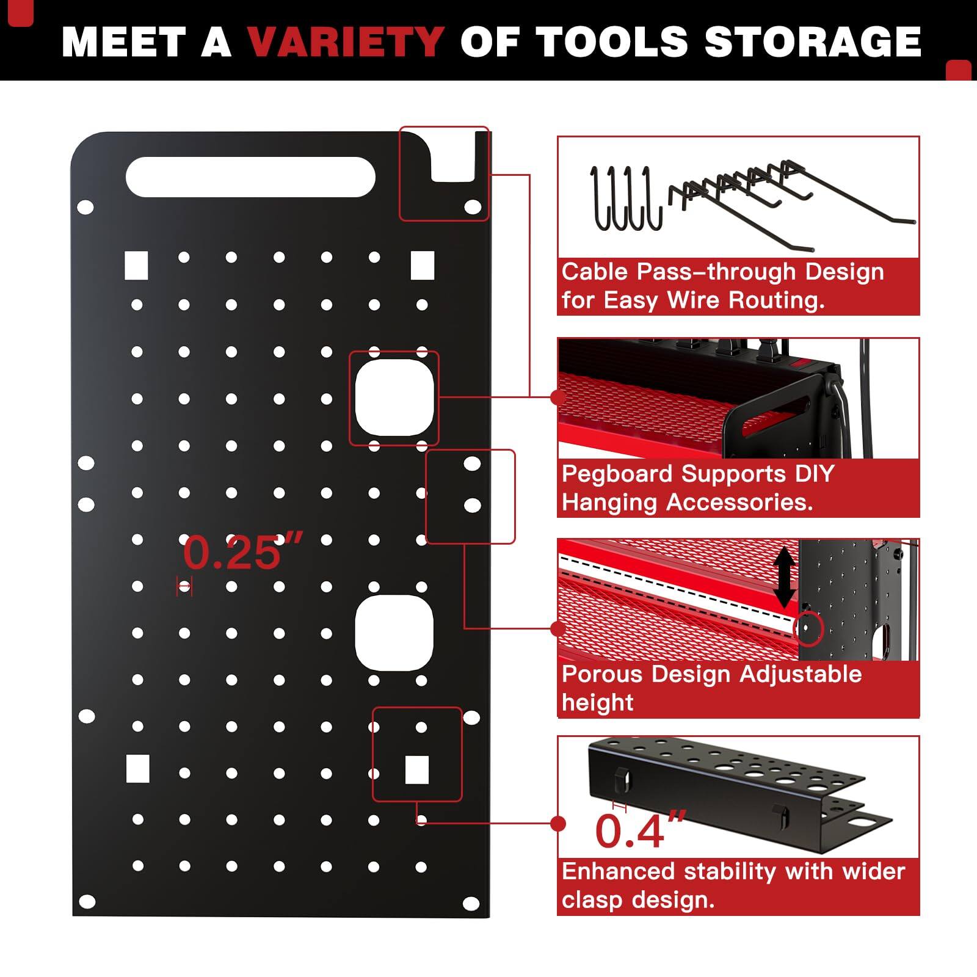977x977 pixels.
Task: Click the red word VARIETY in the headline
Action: (x=345, y=42)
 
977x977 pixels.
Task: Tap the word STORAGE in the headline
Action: (x=812, y=42)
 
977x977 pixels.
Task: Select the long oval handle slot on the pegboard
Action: (x=250, y=177)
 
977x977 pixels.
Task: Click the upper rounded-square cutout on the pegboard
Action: (x=394, y=398)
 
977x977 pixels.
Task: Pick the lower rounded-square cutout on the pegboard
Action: (x=394, y=633)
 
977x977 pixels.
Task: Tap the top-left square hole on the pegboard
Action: (x=136, y=265)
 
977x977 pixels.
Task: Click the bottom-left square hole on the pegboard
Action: (x=137, y=769)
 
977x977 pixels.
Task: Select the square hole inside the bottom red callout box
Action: (x=417, y=769)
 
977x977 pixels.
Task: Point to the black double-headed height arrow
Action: (x=785, y=577)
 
